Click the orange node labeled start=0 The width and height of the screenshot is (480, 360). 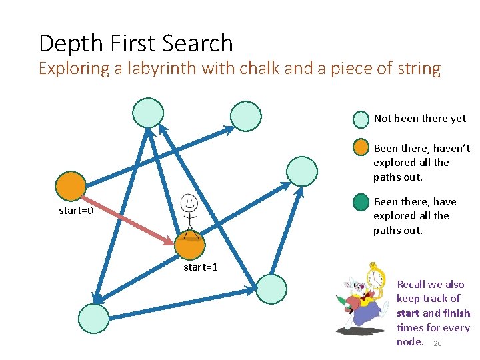click(71, 186)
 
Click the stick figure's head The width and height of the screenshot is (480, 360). click(189, 201)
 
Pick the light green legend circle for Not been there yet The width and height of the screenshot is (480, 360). click(361, 119)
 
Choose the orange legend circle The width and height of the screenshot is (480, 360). click(361, 148)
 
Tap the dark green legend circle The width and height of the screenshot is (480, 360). click(361, 201)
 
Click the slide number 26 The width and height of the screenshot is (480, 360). click(437, 343)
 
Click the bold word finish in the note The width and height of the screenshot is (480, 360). click(457, 313)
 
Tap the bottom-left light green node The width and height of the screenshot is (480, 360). click(93, 318)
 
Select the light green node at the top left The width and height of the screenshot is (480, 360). click(147, 112)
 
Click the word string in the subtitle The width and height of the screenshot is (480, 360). click(418, 69)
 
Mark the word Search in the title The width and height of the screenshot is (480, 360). click(199, 44)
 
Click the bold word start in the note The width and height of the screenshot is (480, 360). click(408, 313)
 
